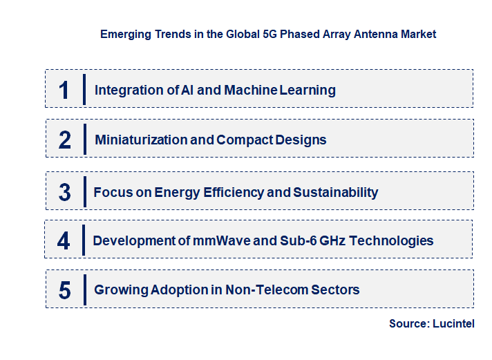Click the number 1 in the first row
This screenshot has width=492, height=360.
point(64,90)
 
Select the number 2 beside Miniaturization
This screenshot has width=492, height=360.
point(64,140)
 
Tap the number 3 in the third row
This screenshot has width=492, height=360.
point(64,192)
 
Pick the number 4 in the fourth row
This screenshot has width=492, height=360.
point(64,240)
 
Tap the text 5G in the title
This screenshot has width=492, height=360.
point(259,34)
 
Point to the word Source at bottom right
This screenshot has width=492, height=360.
point(408,323)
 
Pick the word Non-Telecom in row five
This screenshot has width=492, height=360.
point(265,290)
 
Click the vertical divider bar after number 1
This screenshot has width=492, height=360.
point(84,90)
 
